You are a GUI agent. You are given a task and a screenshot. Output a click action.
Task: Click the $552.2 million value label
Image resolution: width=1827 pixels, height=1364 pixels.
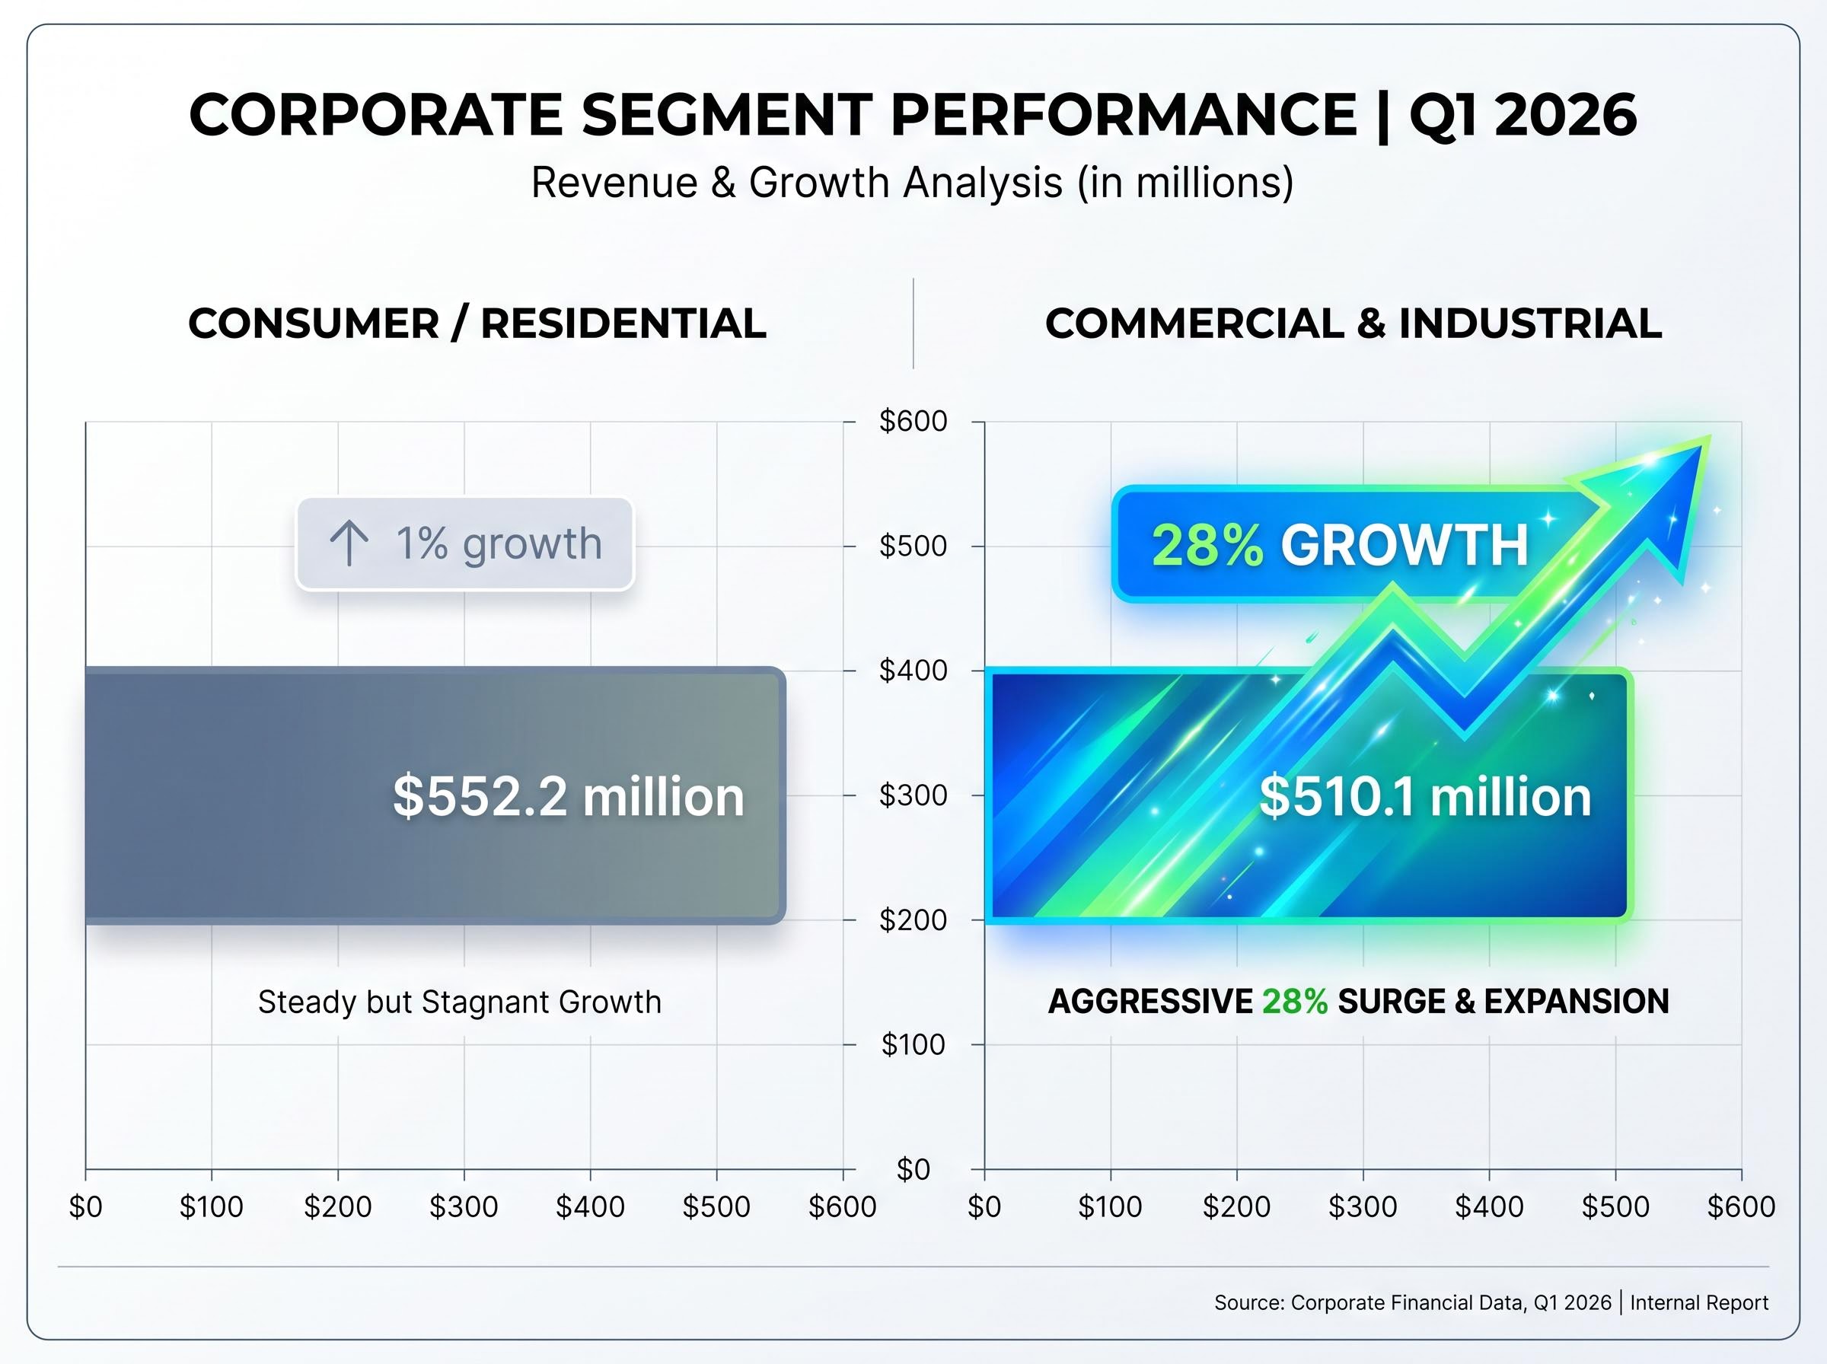tap(568, 797)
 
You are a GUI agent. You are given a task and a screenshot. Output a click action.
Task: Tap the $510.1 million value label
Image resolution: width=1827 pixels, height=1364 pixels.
tap(1425, 797)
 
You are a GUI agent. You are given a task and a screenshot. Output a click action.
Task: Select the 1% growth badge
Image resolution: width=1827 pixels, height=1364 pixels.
tap(465, 543)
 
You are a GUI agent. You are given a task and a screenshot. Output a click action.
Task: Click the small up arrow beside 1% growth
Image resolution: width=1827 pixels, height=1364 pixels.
tap(349, 543)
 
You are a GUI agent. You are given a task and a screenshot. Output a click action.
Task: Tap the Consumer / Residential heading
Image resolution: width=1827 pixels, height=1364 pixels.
tap(477, 323)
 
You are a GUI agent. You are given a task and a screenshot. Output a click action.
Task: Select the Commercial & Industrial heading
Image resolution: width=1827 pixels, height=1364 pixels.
tap(1353, 323)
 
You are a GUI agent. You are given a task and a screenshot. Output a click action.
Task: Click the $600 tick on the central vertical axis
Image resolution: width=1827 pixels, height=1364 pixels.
tap(912, 421)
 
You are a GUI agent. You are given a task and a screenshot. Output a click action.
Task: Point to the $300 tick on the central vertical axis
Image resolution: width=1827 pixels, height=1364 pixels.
tap(912, 795)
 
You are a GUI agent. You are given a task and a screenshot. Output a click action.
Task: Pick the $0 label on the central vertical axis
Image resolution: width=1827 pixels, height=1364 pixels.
tap(912, 1169)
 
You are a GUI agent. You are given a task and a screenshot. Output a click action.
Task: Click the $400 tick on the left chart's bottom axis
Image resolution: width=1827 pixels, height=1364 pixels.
tap(589, 1207)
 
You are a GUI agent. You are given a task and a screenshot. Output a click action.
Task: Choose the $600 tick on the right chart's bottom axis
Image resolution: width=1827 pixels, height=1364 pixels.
tap(1740, 1207)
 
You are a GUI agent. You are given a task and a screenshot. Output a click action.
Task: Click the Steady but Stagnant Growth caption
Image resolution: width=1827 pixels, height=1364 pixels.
tap(459, 1002)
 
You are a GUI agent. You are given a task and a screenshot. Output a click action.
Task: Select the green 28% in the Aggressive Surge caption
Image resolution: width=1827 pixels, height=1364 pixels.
tap(1294, 1002)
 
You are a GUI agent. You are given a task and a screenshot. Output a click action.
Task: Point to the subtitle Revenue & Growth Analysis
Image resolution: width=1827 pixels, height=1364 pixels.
tap(911, 183)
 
